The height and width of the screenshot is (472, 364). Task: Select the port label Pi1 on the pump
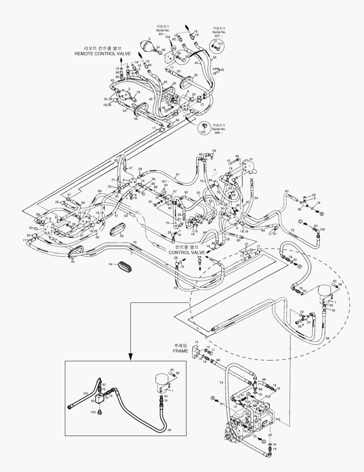pos(222,405)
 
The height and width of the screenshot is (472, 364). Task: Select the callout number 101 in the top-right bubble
pos(220,44)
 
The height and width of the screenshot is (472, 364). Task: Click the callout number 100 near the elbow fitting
pos(322,229)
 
